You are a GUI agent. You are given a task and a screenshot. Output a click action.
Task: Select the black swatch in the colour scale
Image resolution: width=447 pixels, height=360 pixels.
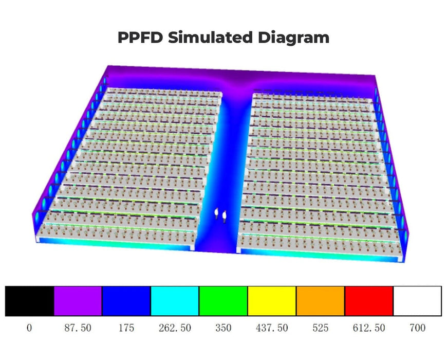coord(29,301)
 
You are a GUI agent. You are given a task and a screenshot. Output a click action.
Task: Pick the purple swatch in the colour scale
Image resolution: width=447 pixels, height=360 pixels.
coord(78,301)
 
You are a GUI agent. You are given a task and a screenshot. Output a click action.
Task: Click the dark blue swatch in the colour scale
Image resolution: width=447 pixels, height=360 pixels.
coord(126,301)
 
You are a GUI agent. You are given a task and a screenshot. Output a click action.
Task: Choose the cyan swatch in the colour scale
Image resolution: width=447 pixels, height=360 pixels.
coord(175,301)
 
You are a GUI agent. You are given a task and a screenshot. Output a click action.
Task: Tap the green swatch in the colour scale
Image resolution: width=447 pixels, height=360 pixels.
coord(223,301)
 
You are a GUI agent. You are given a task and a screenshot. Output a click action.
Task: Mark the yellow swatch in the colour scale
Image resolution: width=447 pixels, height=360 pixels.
coord(271,301)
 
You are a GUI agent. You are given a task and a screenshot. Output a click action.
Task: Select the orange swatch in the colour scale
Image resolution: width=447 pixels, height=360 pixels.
coord(320,301)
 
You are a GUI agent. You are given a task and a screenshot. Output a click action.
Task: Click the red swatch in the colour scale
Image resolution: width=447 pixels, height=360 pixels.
coord(368,301)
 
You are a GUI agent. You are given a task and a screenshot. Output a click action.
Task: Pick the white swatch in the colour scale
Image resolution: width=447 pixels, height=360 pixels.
coord(417,301)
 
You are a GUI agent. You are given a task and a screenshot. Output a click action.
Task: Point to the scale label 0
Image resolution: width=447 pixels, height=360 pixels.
coord(29,328)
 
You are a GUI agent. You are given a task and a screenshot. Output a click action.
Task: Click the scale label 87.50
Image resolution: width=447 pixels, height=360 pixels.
coord(78,328)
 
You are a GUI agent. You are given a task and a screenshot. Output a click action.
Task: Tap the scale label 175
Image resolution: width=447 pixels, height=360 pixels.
coord(126,328)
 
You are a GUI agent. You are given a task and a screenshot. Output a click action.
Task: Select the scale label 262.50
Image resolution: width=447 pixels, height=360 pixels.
coord(174,328)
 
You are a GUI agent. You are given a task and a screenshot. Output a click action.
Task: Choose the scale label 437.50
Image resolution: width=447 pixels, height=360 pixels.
coord(271,328)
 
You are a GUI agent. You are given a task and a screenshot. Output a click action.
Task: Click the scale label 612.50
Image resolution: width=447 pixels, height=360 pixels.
coord(368,328)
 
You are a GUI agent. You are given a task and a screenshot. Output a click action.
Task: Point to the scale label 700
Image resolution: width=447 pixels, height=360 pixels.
coord(417,328)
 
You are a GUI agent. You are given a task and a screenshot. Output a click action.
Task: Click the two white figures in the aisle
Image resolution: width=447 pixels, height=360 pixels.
coord(221,214)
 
